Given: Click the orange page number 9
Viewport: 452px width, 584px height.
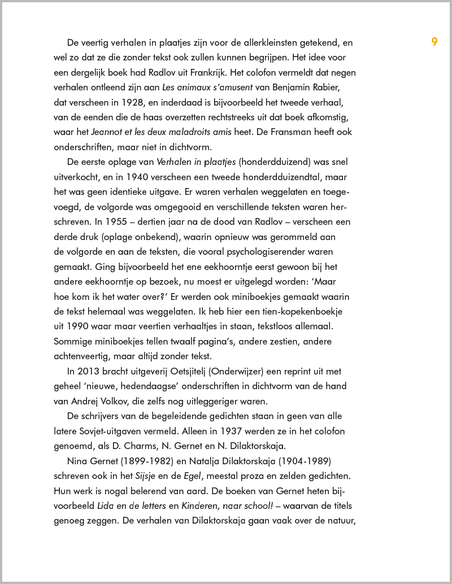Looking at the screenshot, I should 434,42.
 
